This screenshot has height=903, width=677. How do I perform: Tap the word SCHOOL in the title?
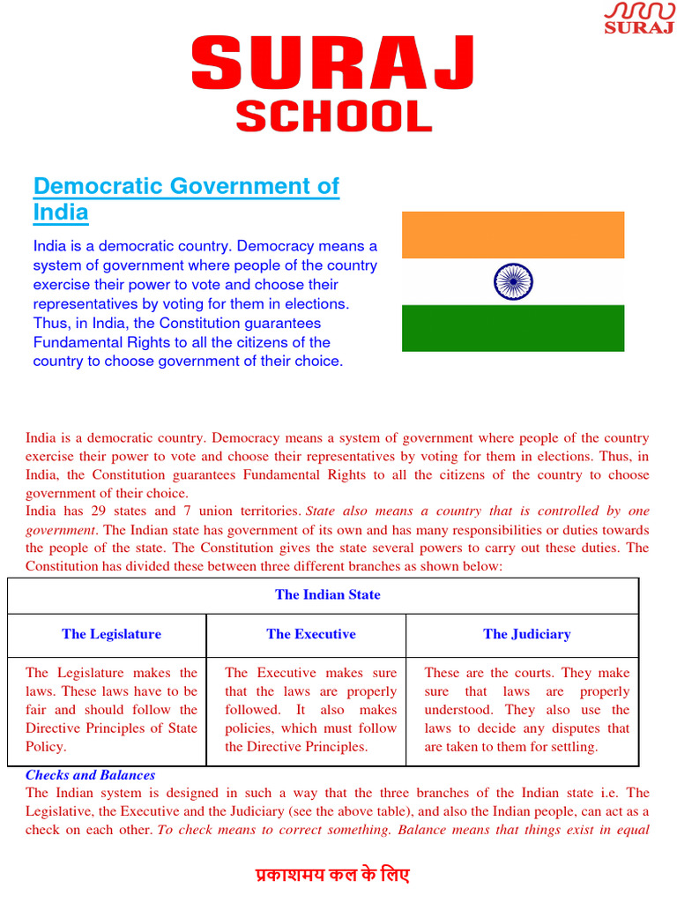(x=333, y=116)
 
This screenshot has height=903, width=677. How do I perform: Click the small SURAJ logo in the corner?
(x=638, y=18)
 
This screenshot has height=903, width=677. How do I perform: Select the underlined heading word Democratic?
(x=99, y=186)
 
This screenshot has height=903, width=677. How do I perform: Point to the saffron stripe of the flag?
(x=512, y=235)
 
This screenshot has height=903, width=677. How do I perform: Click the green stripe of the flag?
(x=512, y=328)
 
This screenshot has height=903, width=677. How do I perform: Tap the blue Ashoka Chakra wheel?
(x=512, y=282)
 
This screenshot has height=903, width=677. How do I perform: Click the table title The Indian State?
(x=327, y=594)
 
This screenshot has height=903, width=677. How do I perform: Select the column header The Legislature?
(x=111, y=634)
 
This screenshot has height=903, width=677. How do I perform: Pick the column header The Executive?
(x=311, y=634)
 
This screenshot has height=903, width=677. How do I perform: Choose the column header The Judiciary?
(x=526, y=634)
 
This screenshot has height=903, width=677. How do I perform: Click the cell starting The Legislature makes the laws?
(x=111, y=709)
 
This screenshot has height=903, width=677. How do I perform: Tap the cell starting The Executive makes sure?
(x=310, y=709)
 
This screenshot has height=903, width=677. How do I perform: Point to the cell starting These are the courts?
(x=526, y=709)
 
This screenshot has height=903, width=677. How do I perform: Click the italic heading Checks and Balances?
(x=90, y=775)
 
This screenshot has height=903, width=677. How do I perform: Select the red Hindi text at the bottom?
(x=332, y=876)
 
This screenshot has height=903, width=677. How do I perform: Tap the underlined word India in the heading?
(x=60, y=213)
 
